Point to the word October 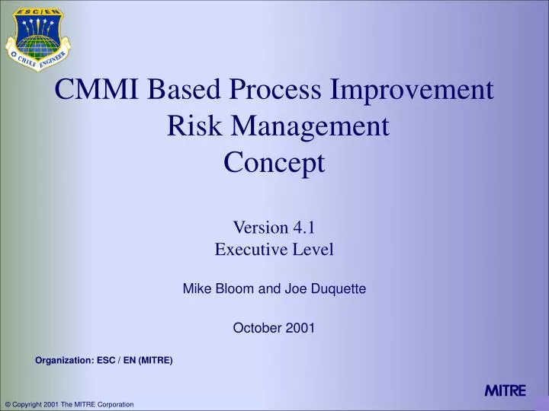[254, 328]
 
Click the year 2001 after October [301, 328]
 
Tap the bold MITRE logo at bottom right [505, 390]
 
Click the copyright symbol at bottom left [8, 403]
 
